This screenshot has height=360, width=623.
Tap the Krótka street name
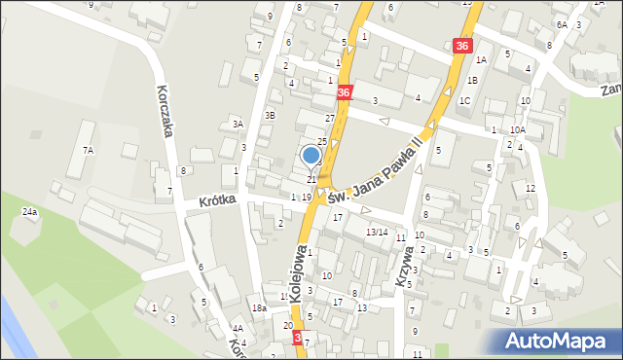tap(219, 201)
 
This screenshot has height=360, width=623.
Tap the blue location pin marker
tap(311, 155)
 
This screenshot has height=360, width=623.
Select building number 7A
tap(88, 150)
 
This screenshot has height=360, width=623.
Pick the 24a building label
tap(30, 211)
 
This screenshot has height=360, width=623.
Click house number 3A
tap(237, 124)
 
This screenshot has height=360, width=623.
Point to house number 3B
tap(270, 115)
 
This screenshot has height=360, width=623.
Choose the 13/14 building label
tap(377, 232)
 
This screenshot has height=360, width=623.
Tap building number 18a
tap(259, 308)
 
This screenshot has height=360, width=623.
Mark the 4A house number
tap(238, 329)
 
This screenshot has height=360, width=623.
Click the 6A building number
tap(562, 23)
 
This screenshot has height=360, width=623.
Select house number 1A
tap(481, 59)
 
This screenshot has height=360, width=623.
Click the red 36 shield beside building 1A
tap(461, 46)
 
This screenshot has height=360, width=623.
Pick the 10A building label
tap(518, 129)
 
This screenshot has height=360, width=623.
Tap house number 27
tap(330, 118)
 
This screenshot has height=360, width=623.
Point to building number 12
tap(531, 188)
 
